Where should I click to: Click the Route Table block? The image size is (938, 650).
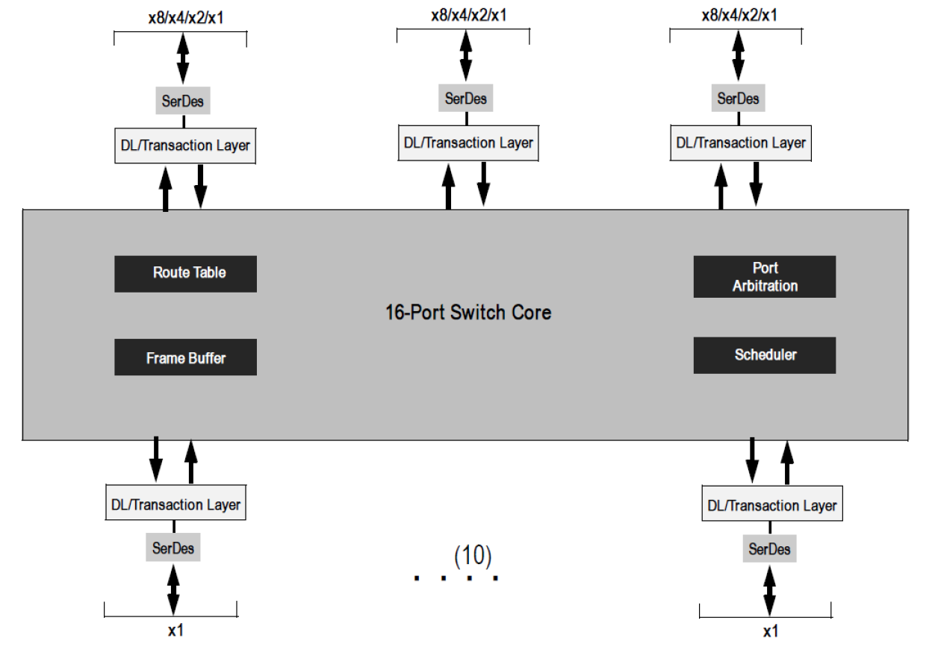[185, 273]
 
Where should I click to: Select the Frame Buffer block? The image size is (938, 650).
[185, 357]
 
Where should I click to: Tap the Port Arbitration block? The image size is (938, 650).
[764, 277]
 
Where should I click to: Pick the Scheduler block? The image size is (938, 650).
[764, 355]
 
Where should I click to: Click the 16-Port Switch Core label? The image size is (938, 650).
[468, 312]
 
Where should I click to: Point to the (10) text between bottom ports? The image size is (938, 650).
[473, 555]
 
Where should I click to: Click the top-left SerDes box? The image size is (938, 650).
[183, 101]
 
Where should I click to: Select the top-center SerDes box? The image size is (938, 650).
[466, 99]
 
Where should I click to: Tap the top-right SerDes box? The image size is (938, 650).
[738, 99]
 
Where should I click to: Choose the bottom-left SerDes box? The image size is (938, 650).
[173, 549]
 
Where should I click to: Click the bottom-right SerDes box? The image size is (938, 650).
[768, 550]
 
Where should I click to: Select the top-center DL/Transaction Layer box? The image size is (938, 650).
[468, 143]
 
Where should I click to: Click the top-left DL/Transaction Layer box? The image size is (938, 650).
[185, 146]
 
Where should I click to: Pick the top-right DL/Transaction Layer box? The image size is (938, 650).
[741, 143]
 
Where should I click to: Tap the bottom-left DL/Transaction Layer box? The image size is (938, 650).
[176, 505]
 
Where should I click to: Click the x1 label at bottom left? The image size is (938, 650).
[176, 631]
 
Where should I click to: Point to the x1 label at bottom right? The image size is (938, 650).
[770, 631]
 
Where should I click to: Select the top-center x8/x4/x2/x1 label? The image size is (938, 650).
[469, 14]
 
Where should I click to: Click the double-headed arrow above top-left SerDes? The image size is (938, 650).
[183, 57]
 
